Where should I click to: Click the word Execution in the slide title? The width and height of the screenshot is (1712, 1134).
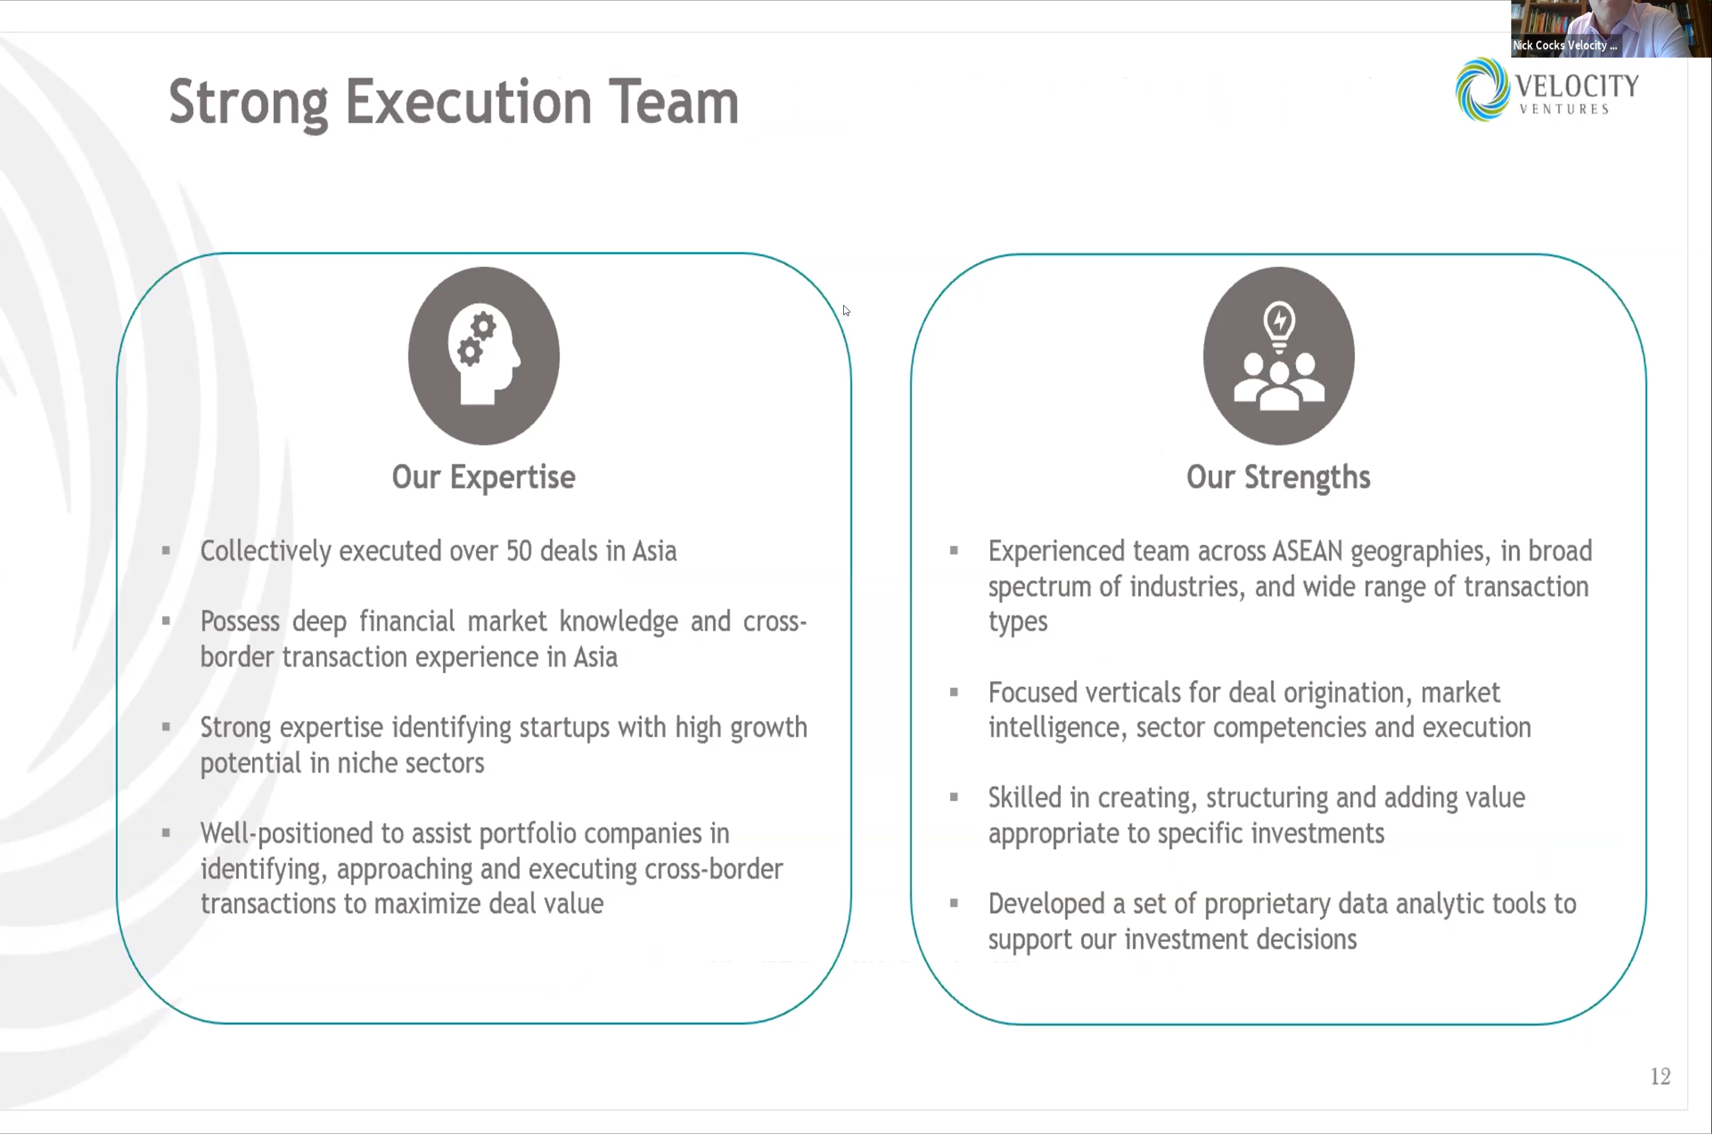pyautogui.click(x=468, y=103)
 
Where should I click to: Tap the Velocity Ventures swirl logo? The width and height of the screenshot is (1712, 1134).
pyautogui.click(x=1482, y=90)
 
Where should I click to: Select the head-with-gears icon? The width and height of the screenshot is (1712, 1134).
pyautogui.click(x=483, y=356)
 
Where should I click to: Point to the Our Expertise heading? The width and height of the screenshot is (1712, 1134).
pyautogui.click(x=483, y=477)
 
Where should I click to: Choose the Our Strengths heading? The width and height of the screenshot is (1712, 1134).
pyautogui.click(x=1278, y=477)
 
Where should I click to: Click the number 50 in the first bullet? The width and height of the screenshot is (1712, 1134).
pyautogui.click(x=518, y=551)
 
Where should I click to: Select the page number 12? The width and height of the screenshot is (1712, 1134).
pyautogui.click(x=1660, y=1076)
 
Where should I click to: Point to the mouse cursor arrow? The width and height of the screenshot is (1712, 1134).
pyautogui.click(x=846, y=310)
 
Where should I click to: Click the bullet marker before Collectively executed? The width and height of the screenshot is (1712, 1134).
pyautogui.click(x=166, y=551)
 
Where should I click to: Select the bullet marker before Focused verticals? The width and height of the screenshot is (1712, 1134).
pyautogui.click(x=954, y=693)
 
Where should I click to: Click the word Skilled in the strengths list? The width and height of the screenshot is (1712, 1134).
pyautogui.click(x=1024, y=798)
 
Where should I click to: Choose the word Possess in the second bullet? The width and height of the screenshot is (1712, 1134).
pyautogui.click(x=239, y=622)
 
